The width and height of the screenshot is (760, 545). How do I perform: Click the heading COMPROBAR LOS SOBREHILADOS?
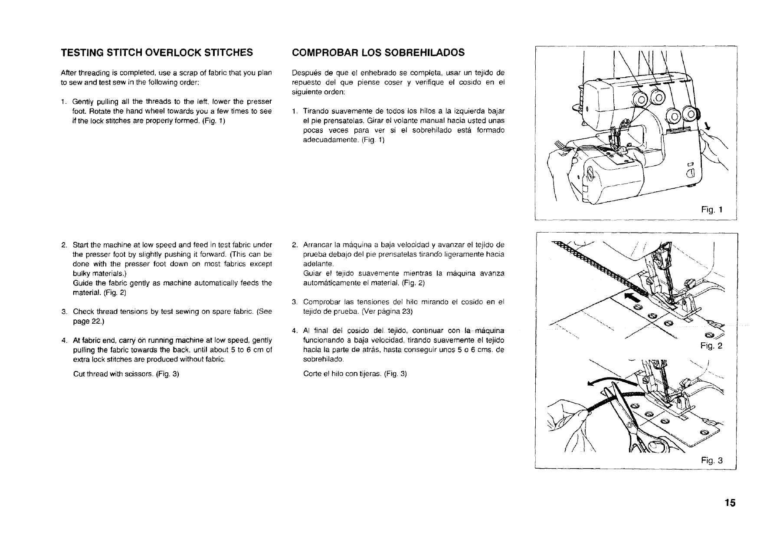[378, 53]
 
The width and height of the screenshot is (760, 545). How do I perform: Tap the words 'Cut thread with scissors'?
[113, 374]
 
